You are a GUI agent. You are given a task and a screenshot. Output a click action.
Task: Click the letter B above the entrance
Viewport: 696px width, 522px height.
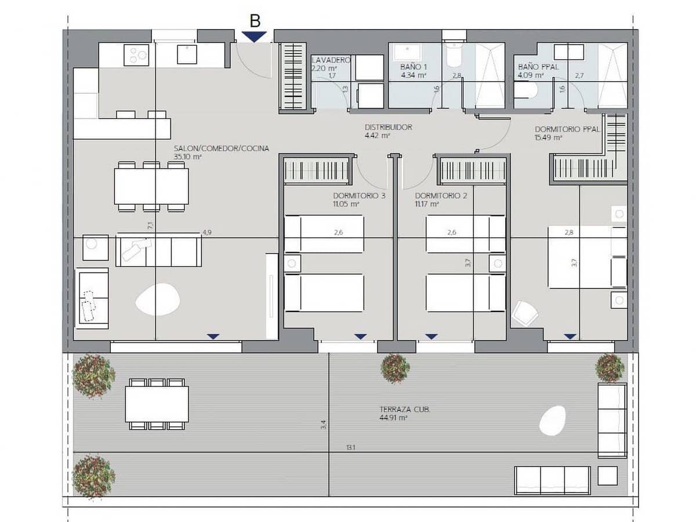[x=255, y=21]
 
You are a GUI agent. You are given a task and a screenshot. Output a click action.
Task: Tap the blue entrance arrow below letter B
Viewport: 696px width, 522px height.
[x=254, y=36]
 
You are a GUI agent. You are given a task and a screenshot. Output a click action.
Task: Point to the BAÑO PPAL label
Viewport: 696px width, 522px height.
[x=538, y=67]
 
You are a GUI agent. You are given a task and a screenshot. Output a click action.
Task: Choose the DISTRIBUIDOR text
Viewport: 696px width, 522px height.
[x=388, y=127]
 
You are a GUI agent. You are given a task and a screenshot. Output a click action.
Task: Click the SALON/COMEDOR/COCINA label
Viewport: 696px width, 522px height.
[x=222, y=148]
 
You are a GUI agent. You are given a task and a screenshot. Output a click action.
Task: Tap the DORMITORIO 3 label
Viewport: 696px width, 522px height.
[x=360, y=195]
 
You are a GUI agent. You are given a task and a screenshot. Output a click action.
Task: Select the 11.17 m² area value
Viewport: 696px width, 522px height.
[x=427, y=204]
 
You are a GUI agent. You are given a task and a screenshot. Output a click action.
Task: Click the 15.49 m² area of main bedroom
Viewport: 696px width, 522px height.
[x=548, y=138]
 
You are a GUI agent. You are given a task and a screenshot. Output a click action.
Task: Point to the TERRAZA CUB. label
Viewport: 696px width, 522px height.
[x=405, y=409]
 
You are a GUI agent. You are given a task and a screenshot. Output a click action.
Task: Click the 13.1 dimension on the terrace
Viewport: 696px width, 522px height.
[x=350, y=448]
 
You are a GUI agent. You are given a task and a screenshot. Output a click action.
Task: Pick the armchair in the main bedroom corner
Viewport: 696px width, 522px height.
[x=525, y=314]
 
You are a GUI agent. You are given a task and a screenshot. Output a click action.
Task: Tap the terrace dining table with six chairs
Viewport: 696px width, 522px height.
[x=157, y=404]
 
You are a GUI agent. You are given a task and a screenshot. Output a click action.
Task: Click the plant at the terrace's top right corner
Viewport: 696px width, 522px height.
[x=610, y=368]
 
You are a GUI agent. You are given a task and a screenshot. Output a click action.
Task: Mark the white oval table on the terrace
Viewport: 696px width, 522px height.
[x=552, y=420]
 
